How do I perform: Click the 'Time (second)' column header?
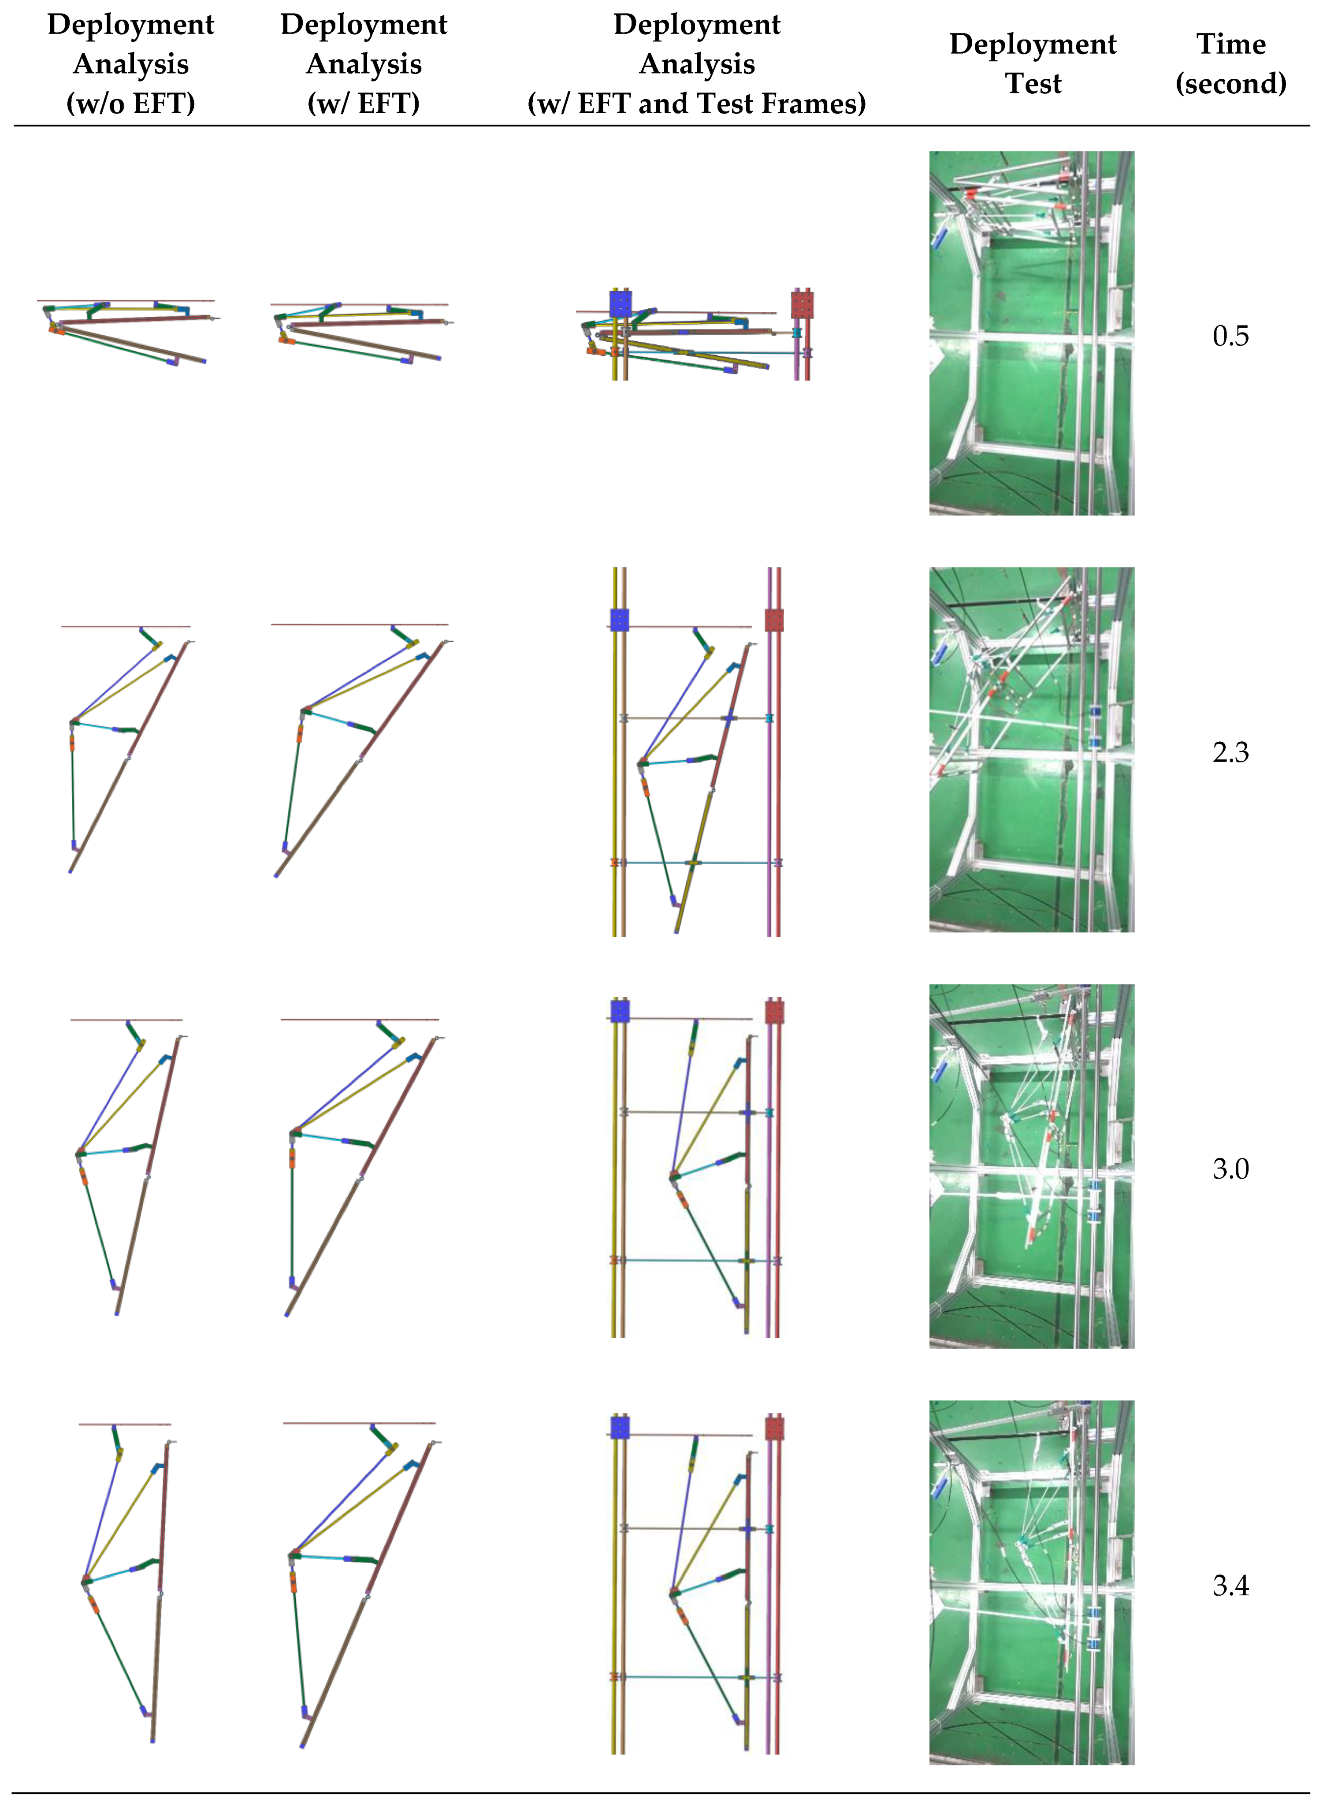1231,64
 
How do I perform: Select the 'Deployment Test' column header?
1033,64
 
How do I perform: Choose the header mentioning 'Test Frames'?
697,64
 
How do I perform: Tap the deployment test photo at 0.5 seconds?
1032,333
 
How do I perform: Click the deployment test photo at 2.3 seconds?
1032,750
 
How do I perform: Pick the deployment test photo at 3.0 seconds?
1032,1166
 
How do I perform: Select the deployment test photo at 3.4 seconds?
1032,1583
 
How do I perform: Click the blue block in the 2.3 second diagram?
619,620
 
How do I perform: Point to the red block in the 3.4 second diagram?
773,1430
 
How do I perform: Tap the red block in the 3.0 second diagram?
773,1013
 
